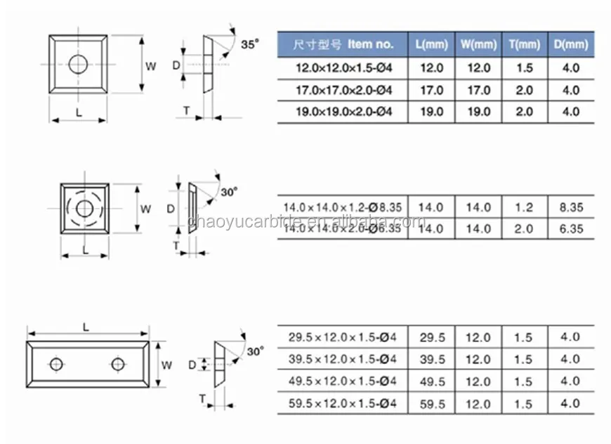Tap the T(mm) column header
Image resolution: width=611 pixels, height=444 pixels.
coord(525,45)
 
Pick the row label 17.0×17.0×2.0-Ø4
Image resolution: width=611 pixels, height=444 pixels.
coord(343,91)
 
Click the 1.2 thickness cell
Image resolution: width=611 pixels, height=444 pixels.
coord(525,207)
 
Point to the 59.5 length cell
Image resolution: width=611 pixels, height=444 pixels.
coord(432,403)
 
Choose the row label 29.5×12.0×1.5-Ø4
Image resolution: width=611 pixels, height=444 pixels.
coord(343,337)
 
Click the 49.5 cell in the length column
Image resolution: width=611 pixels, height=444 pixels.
coord(432,381)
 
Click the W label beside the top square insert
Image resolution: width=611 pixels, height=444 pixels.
coord(150,67)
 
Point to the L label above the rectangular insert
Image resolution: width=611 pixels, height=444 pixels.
coord(86,327)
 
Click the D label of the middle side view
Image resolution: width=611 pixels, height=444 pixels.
coord(171,209)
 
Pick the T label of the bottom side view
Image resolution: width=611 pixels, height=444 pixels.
coord(202,398)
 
